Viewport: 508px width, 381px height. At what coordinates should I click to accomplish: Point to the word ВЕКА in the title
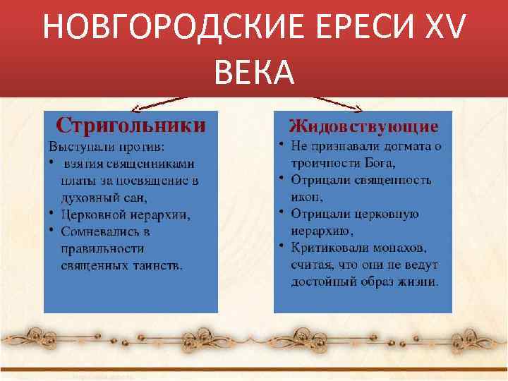(253, 71)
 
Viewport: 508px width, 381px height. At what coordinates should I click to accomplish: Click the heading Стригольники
(131, 125)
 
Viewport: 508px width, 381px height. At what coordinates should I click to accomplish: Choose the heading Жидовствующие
(363, 126)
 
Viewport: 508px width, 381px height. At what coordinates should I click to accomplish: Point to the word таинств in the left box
(159, 265)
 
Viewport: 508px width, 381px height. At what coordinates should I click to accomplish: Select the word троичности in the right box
(324, 163)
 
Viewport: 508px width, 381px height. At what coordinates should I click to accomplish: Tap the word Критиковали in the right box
(330, 248)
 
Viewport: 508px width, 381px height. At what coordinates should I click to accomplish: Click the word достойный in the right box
(322, 282)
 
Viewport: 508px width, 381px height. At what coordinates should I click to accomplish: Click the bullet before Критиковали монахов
(280, 247)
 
